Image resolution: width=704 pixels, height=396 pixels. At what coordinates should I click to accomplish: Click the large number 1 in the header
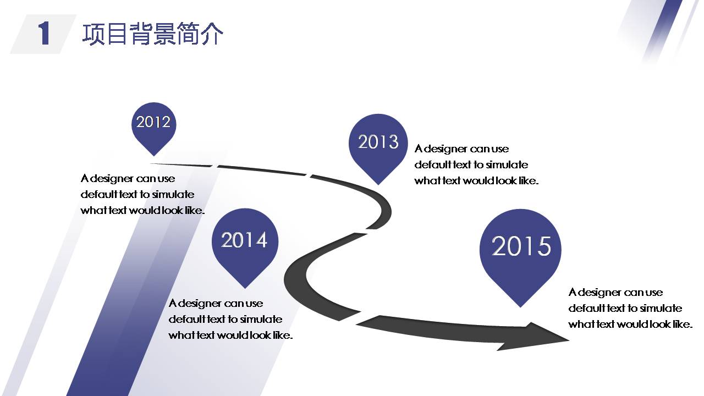point(44,34)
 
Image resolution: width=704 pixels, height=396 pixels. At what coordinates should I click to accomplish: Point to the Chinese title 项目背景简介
point(152,34)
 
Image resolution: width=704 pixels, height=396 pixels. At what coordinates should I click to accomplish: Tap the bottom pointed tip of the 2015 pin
point(521,307)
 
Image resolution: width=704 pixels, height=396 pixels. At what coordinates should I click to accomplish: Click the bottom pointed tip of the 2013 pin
point(378,184)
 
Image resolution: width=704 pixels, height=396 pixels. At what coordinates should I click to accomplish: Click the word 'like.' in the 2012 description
point(195,210)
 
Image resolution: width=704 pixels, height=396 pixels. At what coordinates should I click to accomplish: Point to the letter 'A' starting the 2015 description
point(573,292)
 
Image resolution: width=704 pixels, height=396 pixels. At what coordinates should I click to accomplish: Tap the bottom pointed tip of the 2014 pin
point(245,288)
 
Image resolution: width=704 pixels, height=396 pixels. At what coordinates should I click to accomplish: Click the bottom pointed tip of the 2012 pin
point(154,156)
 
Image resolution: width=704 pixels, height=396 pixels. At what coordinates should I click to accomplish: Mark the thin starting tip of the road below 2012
point(151,163)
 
